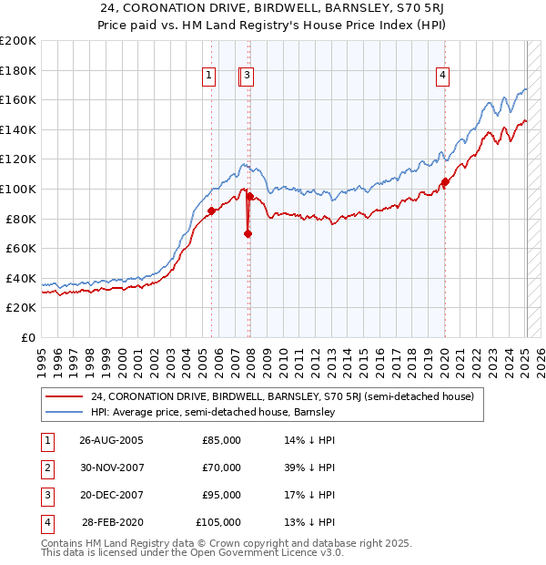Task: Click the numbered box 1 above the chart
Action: [x=210, y=77]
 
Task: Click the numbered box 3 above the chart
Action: [x=248, y=77]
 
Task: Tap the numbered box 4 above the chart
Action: [x=442, y=77]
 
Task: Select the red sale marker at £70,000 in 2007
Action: [x=248, y=234]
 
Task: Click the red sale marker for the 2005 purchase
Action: [x=212, y=211]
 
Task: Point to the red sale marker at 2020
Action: [x=445, y=182]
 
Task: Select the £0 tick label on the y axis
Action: [x=28, y=337]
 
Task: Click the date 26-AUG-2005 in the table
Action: [x=111, y=440]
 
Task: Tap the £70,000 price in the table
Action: [x=221, y=467]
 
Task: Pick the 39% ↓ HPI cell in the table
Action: [x=309, y=467]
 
